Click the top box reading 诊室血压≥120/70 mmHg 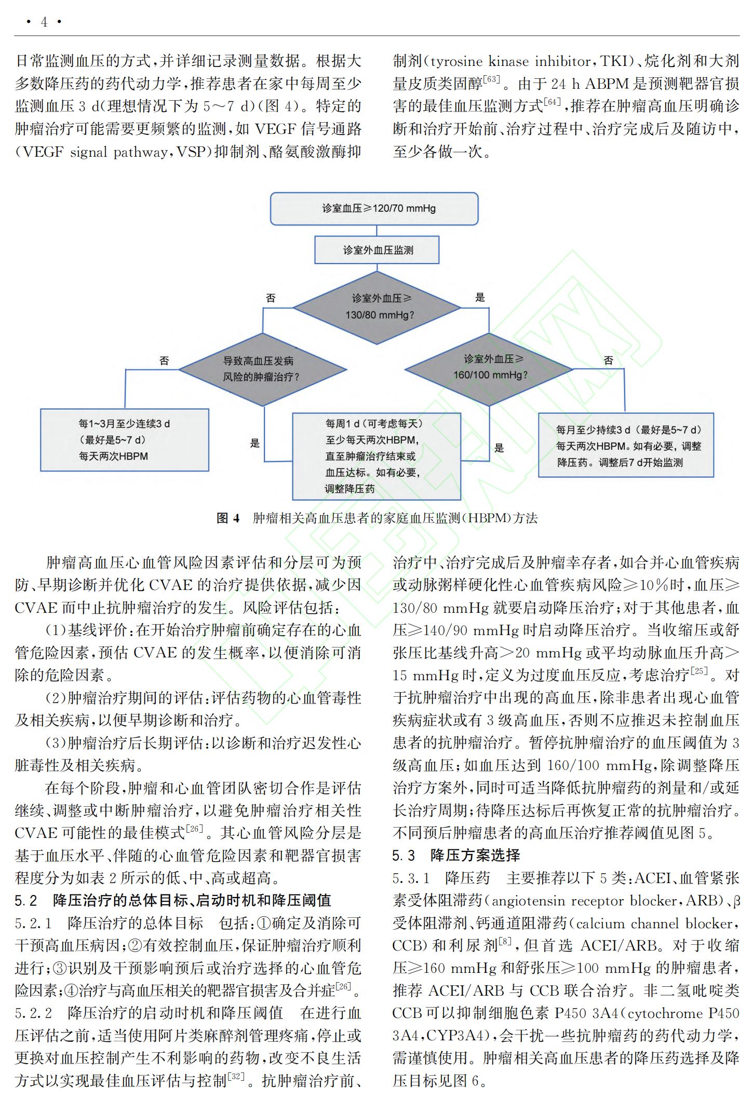[374, 209]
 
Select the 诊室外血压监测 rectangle [377, 250]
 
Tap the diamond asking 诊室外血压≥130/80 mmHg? [377, 307]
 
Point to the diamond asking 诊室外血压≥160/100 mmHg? [489, 369]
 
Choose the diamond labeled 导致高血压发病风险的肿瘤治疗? [262, 369]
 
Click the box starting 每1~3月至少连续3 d [125, 440]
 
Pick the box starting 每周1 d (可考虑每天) [376, 456]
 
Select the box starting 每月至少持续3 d [626, 445]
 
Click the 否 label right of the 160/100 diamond [609, 360]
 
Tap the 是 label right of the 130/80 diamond [480, 297]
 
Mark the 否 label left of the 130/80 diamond [271, 298]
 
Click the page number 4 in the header [44, 22]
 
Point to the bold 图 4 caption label [228, 518]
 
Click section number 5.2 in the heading [26, 900]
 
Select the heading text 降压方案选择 [475, 855]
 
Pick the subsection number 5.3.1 [411, 878]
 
